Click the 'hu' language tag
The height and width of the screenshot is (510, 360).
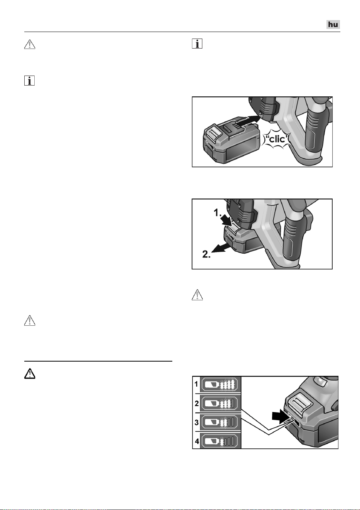tap(333, 24)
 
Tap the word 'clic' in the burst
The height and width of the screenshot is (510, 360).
tap(277, 139)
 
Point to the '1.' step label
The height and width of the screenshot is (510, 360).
tap(217, 213)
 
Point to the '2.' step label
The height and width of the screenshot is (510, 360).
tap(207, 254)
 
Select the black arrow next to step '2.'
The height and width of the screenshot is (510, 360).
tap(221, 248)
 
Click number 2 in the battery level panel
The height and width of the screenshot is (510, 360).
tap(197, 404)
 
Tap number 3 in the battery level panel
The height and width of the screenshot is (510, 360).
tap(197, 422)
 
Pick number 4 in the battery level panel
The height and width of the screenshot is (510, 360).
tap(197, 441)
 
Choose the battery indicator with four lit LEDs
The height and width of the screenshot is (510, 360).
tap(220, 385)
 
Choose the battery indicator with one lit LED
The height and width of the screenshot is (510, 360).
tap(220, 442)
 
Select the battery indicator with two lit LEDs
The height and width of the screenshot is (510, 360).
tap(220, 423)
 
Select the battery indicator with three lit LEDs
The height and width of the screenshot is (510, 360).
tap(220, 404)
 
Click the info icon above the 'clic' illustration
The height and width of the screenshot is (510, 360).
tap(197, 44)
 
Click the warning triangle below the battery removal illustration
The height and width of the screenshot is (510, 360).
tap(197, 295)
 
